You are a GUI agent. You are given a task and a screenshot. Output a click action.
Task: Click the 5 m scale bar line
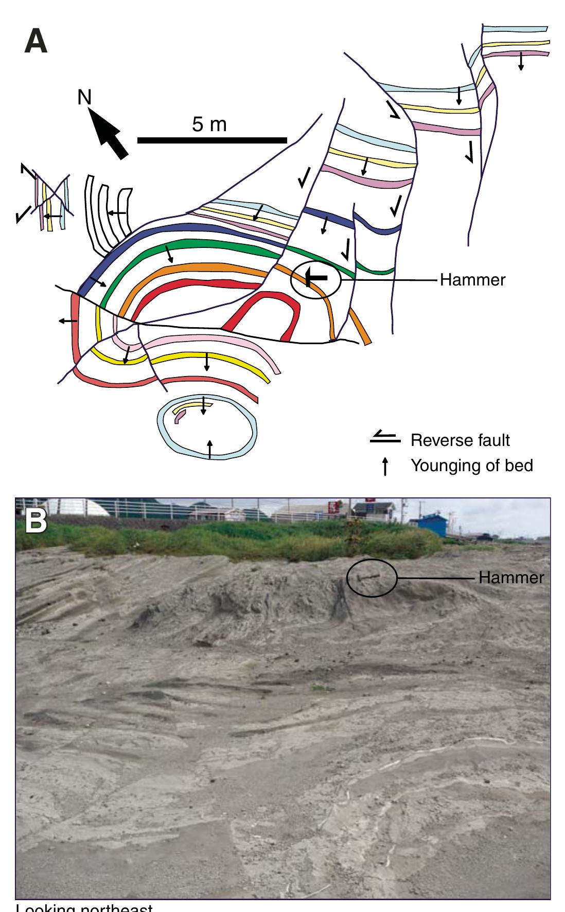(x=212, y=140)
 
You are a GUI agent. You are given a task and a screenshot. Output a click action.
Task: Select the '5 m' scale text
(x=209, y=124)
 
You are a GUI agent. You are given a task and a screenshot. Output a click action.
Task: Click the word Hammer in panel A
(x=472, y=280)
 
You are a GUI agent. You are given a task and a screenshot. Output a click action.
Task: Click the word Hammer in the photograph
(x=510, y=577)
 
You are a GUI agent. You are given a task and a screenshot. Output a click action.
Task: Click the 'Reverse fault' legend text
(x=460, y=441)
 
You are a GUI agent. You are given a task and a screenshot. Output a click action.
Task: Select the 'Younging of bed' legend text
(x=471, y=466)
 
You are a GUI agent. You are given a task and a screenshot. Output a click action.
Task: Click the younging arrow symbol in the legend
(x=385, y=467)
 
